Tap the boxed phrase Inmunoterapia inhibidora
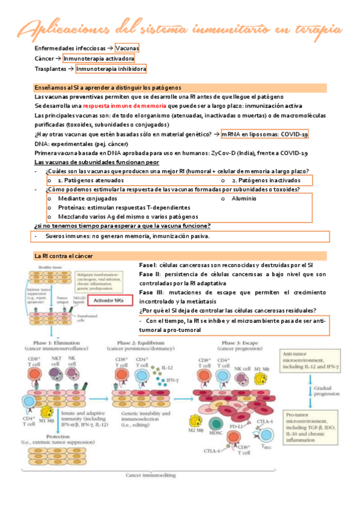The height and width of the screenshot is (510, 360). click(111, 69)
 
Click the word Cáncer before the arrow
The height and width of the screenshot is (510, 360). click(44, 58)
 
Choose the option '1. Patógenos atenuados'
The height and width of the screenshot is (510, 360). click(91, 180)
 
